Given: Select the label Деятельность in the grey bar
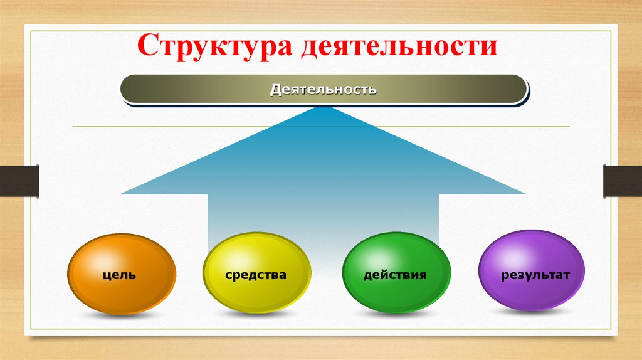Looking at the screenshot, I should [x=323, y=89].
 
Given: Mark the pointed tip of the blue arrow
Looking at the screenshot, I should [x=324, y=107].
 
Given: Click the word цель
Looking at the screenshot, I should [x=120, y=275].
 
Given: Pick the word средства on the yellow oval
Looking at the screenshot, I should [x=256, y=275].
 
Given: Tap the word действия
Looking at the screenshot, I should [x=395, y=275].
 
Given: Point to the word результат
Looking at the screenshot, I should [x=535, y=275].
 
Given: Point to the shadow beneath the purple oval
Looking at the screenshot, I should [x=532, y=314].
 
